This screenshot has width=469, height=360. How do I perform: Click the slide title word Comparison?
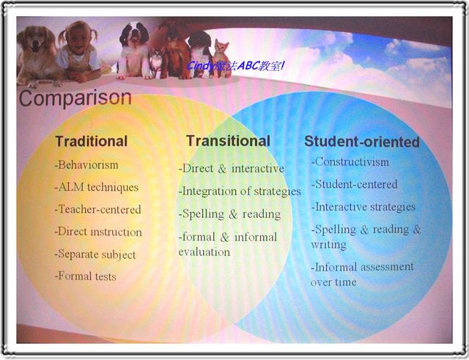tap(75, 98)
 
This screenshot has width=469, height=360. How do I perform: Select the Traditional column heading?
tap(92, 142)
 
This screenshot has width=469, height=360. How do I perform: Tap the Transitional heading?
tap(228, 141)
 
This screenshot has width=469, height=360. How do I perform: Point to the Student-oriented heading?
tap(362, 142)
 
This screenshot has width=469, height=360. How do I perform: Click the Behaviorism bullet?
tap(86, 165)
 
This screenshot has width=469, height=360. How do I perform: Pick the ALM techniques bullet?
tap(96, 187)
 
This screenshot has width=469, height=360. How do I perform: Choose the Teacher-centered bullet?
tap(97, 210)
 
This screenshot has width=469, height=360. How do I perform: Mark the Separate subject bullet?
tap(95, 254)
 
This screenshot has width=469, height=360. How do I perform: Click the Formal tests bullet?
tap(85, 276)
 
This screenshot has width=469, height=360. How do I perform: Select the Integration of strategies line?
tap(240, 191)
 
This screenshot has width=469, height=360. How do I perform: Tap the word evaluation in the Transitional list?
tap(204, 252)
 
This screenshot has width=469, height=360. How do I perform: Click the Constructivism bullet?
tap(350, 162)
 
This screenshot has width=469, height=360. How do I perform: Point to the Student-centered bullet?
tap(354, 184)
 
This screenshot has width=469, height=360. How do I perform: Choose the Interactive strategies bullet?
tap(363, 207)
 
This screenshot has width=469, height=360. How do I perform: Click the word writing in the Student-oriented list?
tap(328, 244)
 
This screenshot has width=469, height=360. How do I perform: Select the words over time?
tap(333, 282)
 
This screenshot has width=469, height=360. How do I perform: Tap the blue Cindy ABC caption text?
tap(235, 65)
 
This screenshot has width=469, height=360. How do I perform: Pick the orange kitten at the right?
tap(221, 59)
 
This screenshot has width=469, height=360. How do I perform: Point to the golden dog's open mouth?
tap(37, 47)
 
